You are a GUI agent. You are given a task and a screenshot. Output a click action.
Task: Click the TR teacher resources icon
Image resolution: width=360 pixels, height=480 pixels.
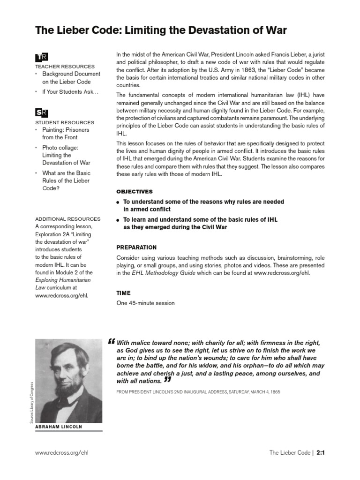[41, 57]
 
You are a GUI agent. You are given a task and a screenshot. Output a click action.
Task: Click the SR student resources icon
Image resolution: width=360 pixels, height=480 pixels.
[41, 112]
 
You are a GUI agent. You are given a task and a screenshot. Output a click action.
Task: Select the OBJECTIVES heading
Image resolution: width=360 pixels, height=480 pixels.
[135, 192]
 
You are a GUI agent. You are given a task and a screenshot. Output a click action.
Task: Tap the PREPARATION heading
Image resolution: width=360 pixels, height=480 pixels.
[136, 247]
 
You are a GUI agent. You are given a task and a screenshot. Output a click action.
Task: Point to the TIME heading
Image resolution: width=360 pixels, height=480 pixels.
[123, 293]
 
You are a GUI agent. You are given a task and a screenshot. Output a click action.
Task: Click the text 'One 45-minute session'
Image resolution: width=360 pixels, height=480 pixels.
[145, 303]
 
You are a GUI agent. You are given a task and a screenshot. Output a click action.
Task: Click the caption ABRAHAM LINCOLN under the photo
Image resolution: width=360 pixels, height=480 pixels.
[59, 427]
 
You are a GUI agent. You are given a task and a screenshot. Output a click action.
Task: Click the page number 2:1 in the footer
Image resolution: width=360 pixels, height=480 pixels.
[320, 453]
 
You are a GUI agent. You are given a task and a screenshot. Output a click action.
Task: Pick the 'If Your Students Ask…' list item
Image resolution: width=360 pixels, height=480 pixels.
[70, 92]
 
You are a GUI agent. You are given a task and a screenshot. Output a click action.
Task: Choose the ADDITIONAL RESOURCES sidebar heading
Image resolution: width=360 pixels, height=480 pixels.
[68, 219]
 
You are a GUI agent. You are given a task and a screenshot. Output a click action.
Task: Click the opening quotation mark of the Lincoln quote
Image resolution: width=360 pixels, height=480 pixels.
[111, 341]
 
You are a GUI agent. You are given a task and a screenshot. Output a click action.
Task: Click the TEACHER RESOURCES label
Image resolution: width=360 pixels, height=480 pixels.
[65, 67]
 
